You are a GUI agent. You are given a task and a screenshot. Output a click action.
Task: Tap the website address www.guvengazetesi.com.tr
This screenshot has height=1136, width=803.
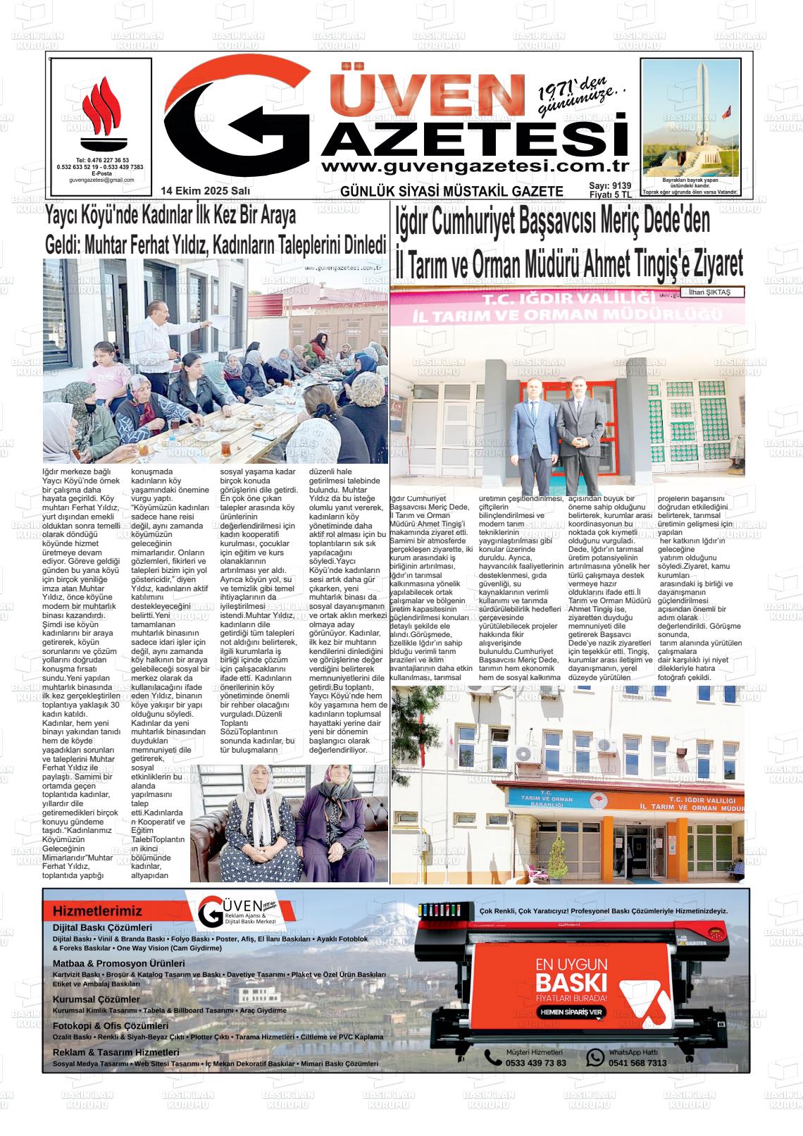click(x=473, y=167)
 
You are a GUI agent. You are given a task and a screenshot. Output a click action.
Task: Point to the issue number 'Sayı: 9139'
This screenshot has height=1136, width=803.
click(x=610, y=186)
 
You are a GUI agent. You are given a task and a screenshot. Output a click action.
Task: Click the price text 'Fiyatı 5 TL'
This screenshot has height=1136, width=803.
click(x=610, y=195)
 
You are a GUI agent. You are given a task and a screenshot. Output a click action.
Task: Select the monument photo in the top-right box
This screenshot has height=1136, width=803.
click(x=690, y=117)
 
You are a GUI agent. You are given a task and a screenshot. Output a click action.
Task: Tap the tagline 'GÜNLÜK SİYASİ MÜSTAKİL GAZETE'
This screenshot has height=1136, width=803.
click(x=452, y=192)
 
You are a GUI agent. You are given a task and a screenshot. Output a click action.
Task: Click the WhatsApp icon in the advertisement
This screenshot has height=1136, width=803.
click(x=595, y=1057)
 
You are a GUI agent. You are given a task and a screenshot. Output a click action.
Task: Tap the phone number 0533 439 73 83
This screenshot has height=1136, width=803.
click(x=535, y=1063)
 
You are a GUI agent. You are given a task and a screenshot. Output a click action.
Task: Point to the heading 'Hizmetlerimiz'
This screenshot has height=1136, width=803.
click(x=97, y=911)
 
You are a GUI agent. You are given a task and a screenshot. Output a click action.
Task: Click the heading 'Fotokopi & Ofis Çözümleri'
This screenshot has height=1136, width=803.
click(x=111, y=1026)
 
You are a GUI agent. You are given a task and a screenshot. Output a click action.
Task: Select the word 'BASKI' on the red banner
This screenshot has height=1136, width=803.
click(x=571, y=983)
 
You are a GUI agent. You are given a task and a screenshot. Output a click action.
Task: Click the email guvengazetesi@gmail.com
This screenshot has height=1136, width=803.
click(x=101, y=180)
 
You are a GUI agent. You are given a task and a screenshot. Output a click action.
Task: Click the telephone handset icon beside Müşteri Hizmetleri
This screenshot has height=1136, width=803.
click(x=492, y=1057)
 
